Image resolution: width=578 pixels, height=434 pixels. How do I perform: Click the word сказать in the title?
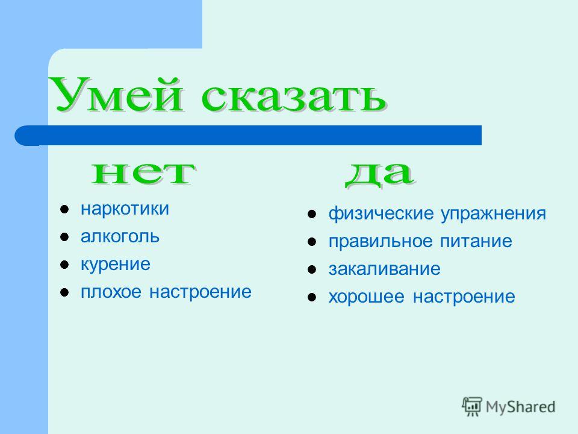coord(294,96)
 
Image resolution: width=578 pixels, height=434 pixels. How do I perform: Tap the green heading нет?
coord(144,173)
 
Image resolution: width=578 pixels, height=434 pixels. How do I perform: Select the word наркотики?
coord(125,209)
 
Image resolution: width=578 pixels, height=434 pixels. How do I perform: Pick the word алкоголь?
coord(120,236)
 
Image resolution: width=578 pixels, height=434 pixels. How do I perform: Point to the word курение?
coord(116,265)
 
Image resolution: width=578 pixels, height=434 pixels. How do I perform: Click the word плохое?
coord(111,292)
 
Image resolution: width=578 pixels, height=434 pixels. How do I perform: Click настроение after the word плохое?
coord(200,292)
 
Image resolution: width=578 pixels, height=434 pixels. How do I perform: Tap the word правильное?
coord(381,242)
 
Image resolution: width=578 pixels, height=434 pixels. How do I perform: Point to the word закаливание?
coord(385,269)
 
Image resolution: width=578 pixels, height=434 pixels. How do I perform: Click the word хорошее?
coord(367,297)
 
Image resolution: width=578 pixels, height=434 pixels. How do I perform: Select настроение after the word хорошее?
coord(464,297)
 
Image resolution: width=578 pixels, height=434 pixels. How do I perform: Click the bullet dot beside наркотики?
coord(64,210)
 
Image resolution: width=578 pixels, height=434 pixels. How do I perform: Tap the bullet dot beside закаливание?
coord(312,270)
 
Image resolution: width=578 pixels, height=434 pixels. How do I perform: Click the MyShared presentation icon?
coord(472,406)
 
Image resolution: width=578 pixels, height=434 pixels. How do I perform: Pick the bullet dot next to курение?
coord(64,265)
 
